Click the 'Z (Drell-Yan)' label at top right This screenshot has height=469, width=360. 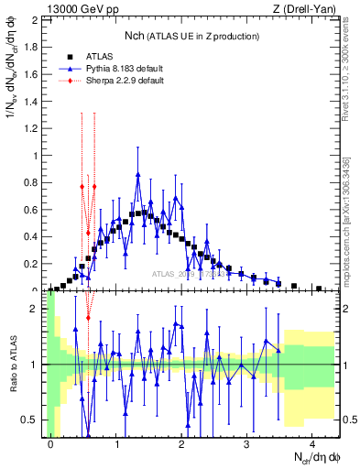pos(303,9)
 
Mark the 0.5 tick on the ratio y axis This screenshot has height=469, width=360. pos(32,420)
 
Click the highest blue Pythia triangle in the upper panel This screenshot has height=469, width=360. pos(137,174)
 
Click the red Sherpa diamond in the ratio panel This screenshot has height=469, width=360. pos(88,318)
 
